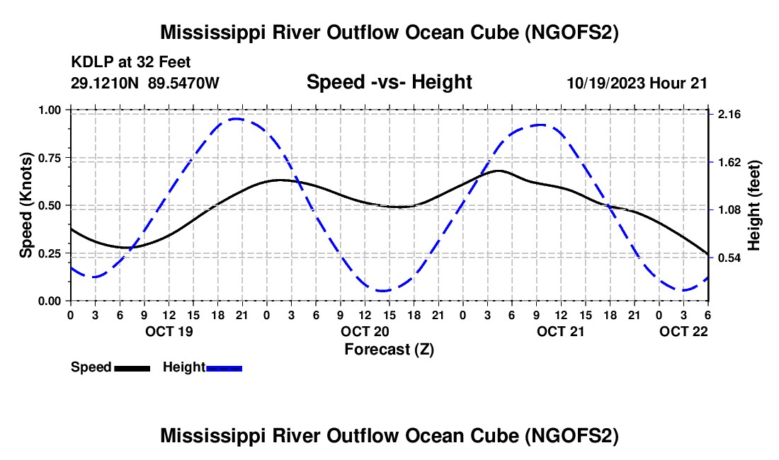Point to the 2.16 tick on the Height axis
[x=729, y=115]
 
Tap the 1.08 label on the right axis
[x=729, y=210]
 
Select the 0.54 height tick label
[x=729, y=258]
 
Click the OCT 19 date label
[x=169, y=331]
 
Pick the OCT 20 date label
[x=365, y=331]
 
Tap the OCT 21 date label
[x=560, y=331]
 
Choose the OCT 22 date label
[x=683, y=331]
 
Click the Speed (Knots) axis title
[x=25, y=205]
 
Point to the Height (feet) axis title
[x=754, y=205]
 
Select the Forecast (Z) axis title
[x=389, y=350]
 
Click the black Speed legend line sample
[x=132, y=368]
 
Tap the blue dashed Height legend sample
[x=224, y=368]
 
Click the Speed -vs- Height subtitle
[x=389, y=82]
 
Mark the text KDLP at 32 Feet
[x=131, y=62]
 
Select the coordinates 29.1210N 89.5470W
[x=144, y=83]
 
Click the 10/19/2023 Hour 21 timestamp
[x=637, y=83]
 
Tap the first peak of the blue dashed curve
[x=237, y=119]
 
